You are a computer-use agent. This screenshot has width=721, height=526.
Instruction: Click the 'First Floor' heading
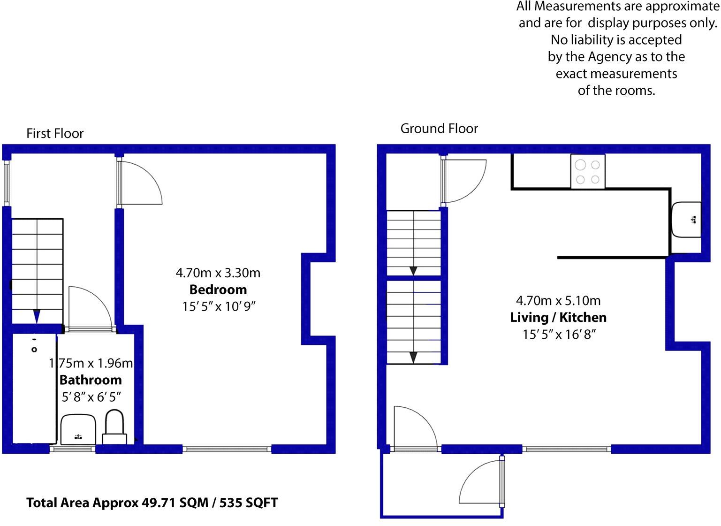55,134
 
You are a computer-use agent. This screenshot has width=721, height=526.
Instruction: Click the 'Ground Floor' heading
439,129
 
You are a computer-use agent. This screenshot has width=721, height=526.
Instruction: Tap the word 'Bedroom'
218,290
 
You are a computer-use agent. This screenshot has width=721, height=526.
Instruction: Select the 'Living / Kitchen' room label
558,318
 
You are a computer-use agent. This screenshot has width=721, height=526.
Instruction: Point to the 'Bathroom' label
91,380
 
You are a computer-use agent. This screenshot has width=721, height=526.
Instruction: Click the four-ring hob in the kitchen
588,172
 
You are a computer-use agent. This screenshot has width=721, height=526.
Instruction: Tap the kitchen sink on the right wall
686,220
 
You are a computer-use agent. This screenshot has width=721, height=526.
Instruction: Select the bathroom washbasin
78,429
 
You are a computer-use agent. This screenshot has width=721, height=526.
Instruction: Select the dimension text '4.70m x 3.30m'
218,273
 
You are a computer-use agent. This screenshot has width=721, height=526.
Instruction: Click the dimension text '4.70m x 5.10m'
558,300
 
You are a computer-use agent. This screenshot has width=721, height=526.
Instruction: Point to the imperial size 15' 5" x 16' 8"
558,335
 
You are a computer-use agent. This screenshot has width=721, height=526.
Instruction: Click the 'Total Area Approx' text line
152,503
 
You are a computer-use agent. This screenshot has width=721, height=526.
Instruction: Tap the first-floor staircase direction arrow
37,316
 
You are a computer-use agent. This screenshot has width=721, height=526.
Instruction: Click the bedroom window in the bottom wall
227,449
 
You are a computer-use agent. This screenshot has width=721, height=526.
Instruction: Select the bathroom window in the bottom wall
73,449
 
